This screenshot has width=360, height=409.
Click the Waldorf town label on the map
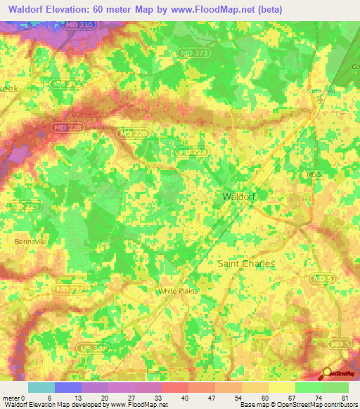point(238,197)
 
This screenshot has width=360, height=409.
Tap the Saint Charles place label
point(245,264)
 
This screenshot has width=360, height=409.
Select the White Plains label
point(178,290)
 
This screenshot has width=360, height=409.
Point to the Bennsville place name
point(30,240)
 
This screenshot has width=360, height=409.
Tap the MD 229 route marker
point(25,206)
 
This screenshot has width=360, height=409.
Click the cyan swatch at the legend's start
point(41,387)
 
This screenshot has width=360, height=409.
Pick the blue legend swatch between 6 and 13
point(68,387)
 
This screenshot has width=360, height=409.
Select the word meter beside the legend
point(11,398)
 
